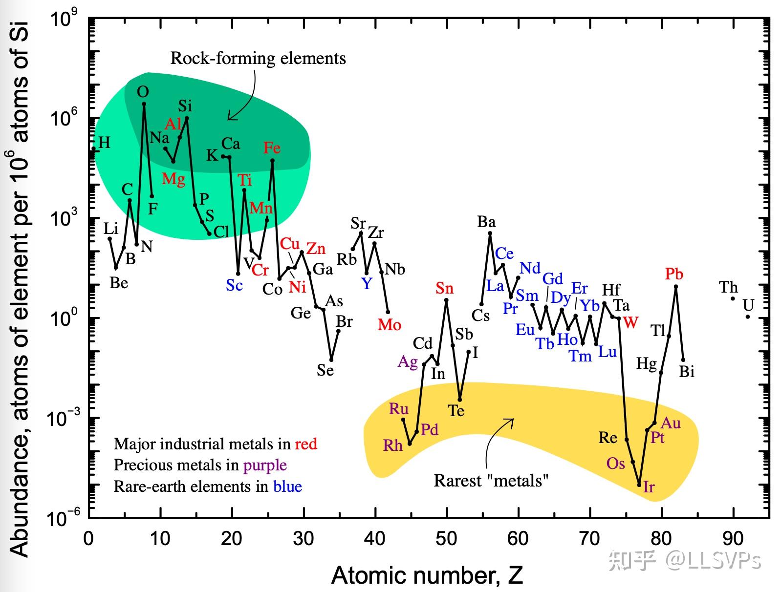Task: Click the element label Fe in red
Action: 272,148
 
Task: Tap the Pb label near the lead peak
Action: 674,274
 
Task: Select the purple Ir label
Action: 649,486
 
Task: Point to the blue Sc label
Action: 234,285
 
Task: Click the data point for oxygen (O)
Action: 144,104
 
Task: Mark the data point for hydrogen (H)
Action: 93,148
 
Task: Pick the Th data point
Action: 733,298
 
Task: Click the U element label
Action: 748,305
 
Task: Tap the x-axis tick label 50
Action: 446,539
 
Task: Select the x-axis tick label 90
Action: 733,539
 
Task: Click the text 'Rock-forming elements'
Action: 258,58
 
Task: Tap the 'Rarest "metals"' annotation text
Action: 491,481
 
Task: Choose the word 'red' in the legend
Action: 306,444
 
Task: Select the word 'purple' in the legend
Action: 265,465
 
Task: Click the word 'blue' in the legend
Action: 287,486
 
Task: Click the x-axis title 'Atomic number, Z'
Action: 427,575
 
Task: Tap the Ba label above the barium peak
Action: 486,222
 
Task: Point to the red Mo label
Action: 389,325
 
